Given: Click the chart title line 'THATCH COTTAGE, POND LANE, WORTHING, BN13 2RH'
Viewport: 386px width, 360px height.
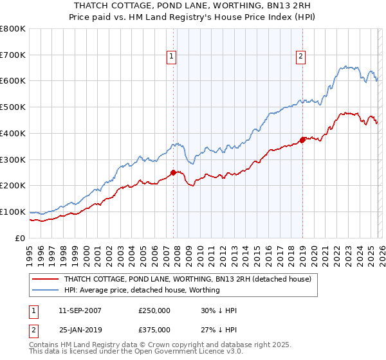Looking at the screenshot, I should [x=193, y=4].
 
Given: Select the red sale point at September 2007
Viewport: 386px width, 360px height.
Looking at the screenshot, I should [x=173, y=172].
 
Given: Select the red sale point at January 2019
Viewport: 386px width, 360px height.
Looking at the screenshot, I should [x=302, y=139].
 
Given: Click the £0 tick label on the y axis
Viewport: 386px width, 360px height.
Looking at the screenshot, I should [x=21, y=238].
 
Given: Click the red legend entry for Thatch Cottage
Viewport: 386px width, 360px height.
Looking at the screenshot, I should [x=187, y=279].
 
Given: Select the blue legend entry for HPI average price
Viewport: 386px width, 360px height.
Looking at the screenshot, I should [x=142, y=290].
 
